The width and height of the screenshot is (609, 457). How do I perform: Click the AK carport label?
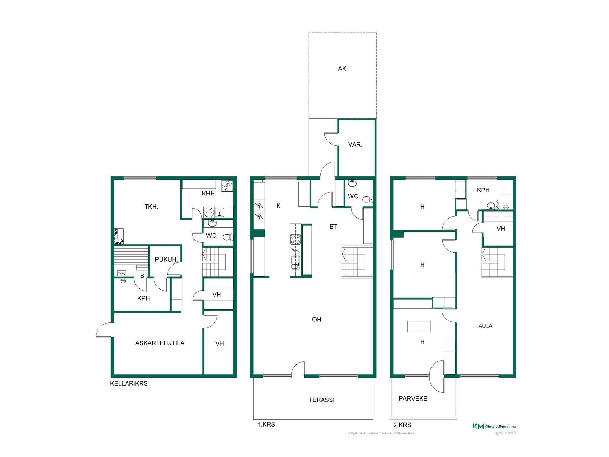pos(342,69)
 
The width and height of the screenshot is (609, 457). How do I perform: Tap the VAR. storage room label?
pos(355,145)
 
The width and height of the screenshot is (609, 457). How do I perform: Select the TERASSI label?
pos(322,400)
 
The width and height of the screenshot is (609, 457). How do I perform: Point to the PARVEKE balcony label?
pos(413,398)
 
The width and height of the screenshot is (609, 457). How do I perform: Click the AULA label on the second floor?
pos(485,326)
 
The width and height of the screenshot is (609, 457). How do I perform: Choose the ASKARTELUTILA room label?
pos(160,343)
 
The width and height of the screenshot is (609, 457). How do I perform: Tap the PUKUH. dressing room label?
pos(166,259)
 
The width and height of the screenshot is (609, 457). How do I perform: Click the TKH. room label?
pos(151,207)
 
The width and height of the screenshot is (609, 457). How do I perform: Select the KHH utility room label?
pos(208,193)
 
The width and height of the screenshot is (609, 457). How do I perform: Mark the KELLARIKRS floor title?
pos(129,383)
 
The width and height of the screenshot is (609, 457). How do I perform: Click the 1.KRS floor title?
pos(266,424)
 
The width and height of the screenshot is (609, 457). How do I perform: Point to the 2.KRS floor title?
pos(402,425)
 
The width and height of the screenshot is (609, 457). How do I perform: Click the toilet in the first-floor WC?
pos(368,200)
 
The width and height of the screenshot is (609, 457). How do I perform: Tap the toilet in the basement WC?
pos(228,237)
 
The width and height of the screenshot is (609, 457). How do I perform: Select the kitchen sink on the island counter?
pos(295,262)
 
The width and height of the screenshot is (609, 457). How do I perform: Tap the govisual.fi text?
pos(506,433)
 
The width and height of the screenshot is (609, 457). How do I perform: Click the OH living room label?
pos(317,320)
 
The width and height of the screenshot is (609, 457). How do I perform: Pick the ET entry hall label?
pos(333,226)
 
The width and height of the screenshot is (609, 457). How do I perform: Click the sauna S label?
pos(142,276)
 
